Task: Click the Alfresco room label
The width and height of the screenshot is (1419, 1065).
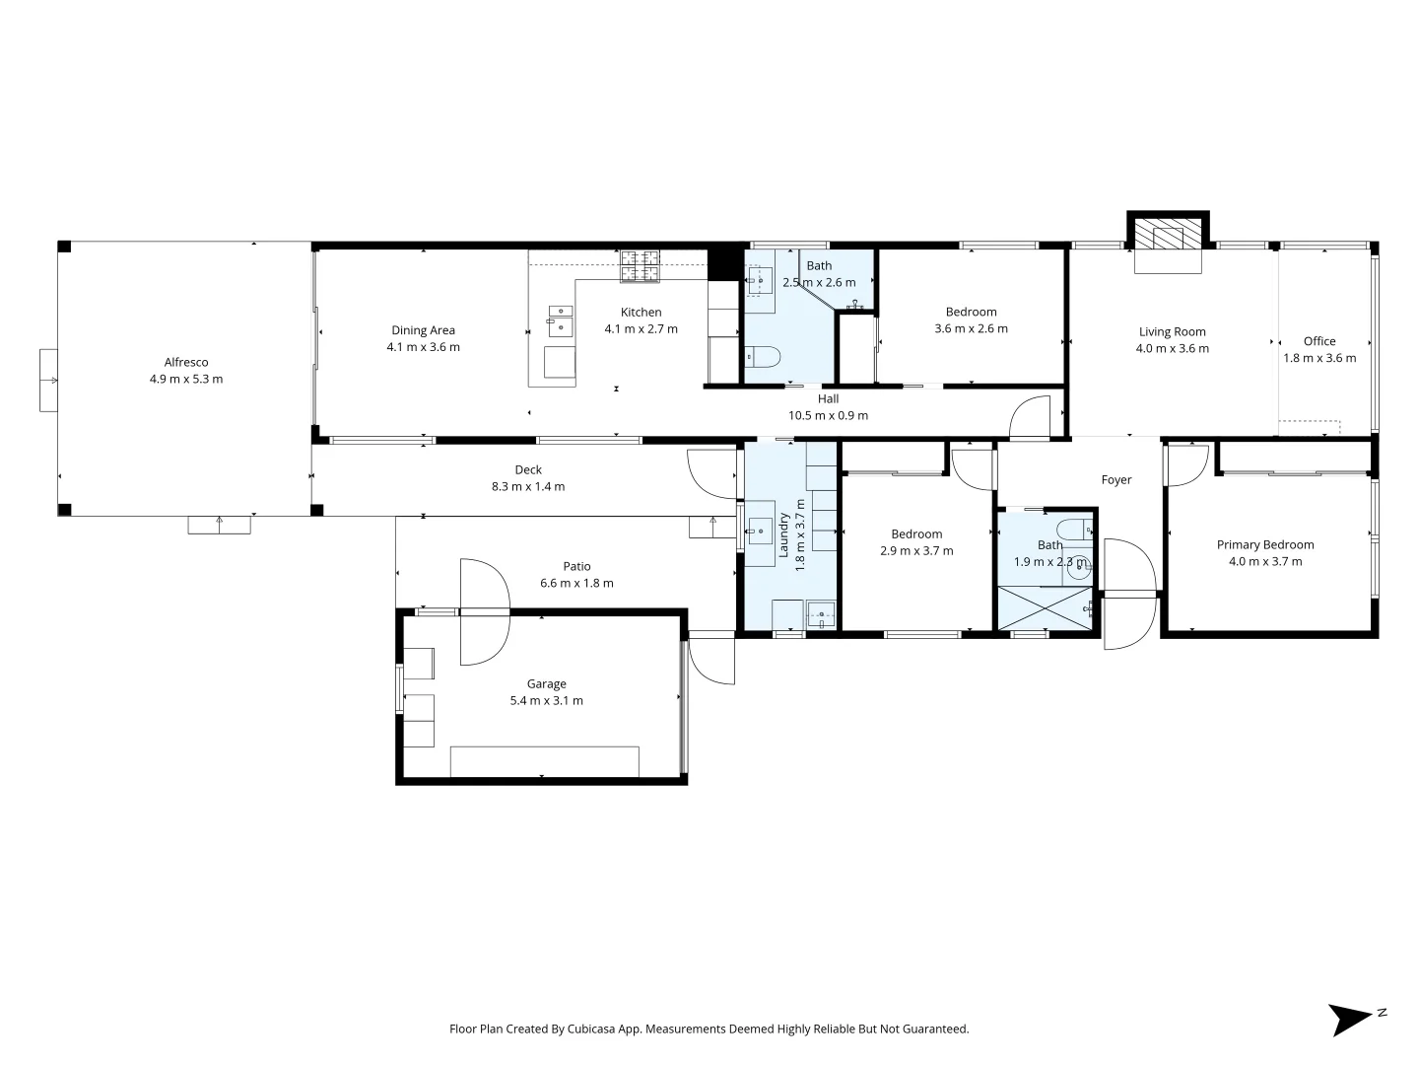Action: pyautogui.click(x=186, y=362)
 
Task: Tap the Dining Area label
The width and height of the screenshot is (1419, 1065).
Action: pyautogui.click(x=423, y=330)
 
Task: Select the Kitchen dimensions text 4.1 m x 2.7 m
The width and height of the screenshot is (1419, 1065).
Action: pyautogui.click(x=641, y=329)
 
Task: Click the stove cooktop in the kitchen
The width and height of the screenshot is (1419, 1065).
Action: pyautogui.click(x=640, y=265)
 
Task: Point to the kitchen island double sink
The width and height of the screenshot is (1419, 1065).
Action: pyautogui.click(x=561, y=321)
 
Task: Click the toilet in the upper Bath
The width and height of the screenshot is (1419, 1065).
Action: pyautogui.click(x=763, y=356)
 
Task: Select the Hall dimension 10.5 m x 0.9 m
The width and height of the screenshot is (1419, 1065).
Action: pyautogui.click(x=828, y=415)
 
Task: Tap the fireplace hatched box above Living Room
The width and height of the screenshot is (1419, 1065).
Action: pyautogui.click(x=1168, y=237)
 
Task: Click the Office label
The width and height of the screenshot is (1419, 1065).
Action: pyautogui.click(x=1319, y=341)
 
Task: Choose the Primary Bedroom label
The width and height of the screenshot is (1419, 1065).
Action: pyautogui.click(x=1265, y=544)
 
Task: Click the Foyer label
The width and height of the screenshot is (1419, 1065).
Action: pyautogui.click(x=1116, y=480)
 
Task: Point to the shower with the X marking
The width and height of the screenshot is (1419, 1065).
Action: pyautogui.click(x=1045, y=607)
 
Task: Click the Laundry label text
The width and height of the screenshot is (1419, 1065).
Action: pyautogui.click(x=784, y=535)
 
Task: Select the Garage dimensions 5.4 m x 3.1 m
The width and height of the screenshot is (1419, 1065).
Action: pyautogui.click(x=546, y=701)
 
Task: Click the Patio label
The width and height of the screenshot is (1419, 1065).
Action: pyautogui.click(x=576, y=566)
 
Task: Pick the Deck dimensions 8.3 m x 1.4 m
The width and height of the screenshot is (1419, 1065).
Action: pyautogui.click(x=528, y=487)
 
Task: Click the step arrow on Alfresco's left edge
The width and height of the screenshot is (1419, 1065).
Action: pyautogui.click(x=48, y=380)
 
